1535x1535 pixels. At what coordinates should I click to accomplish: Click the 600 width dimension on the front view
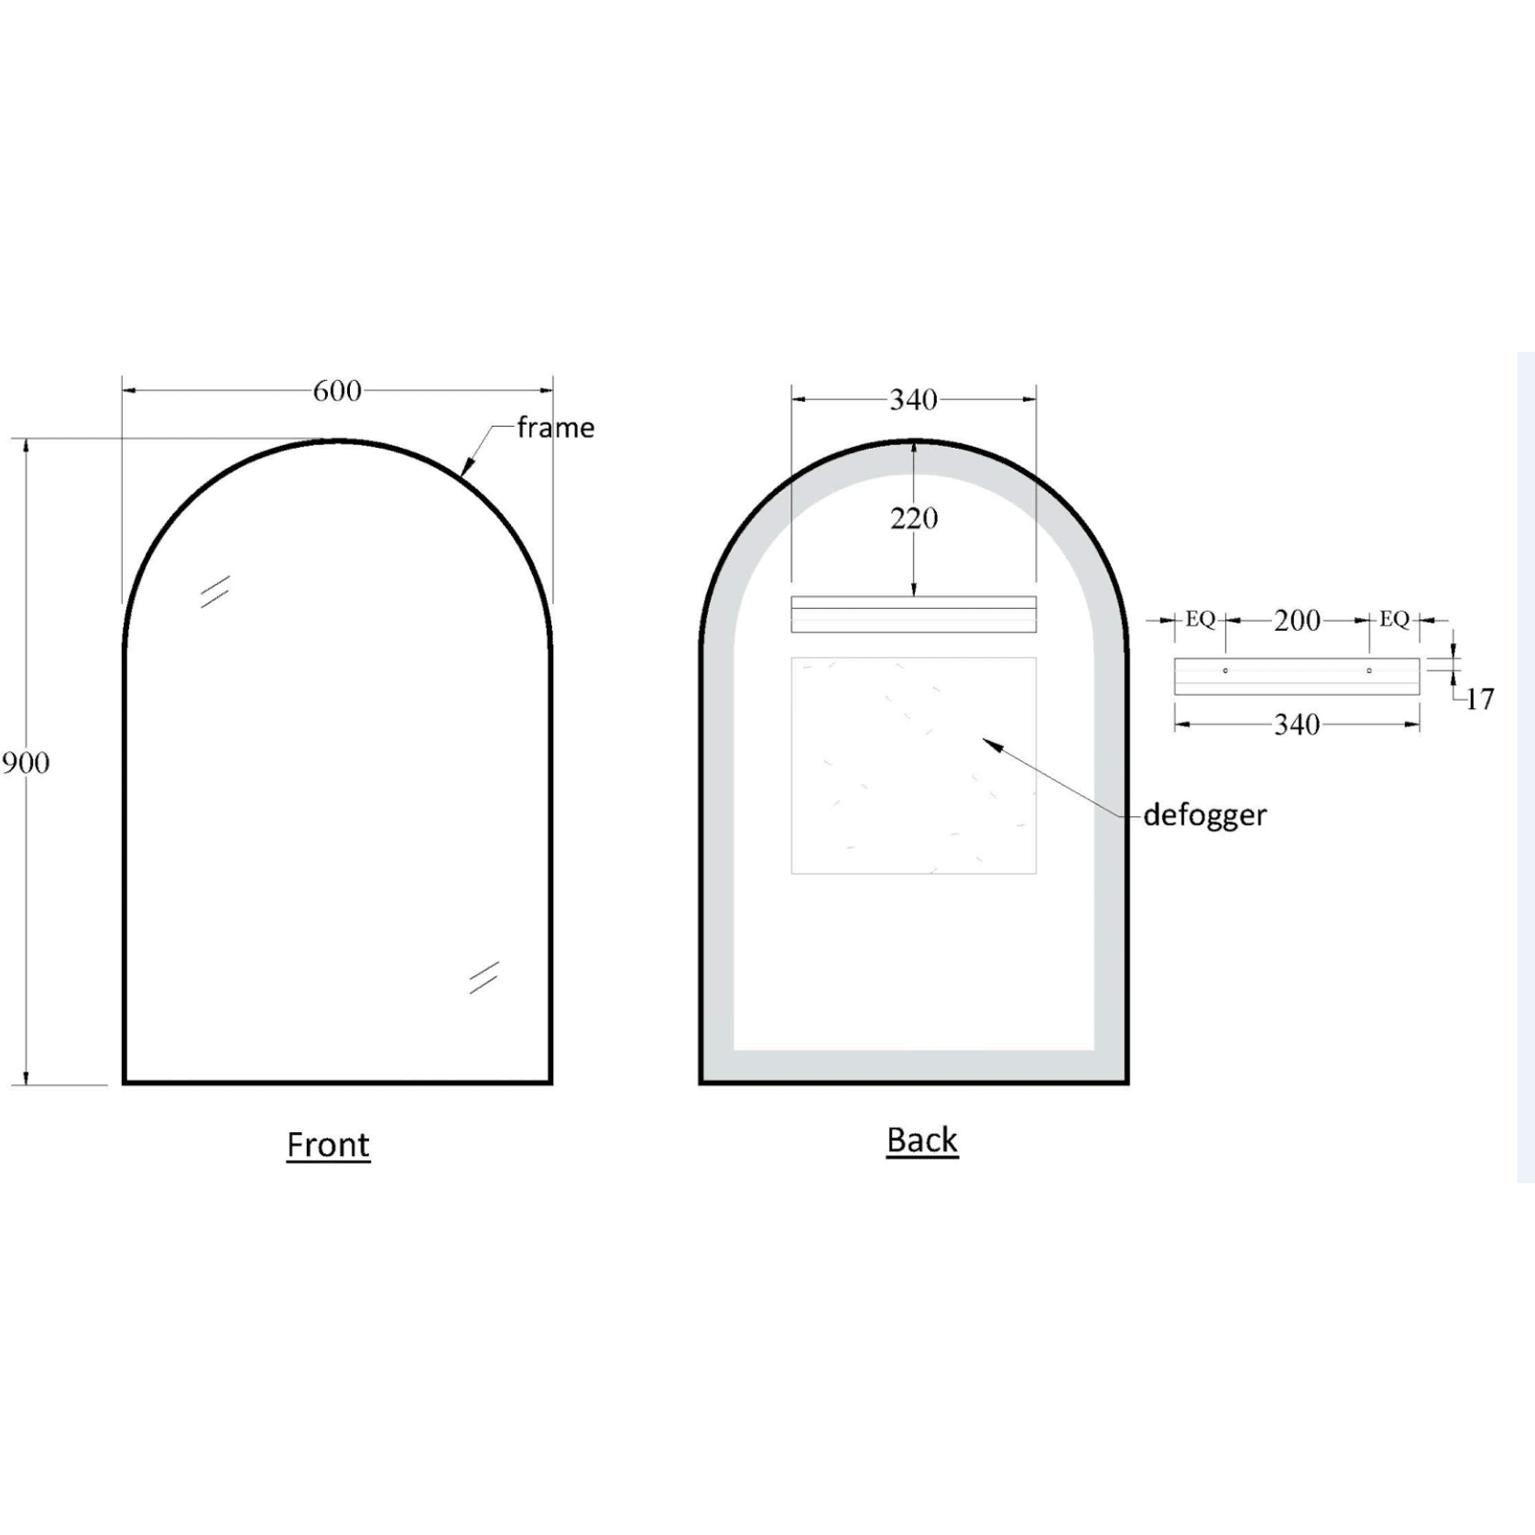coord(337,391)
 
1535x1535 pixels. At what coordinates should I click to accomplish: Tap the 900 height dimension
coord(25,762)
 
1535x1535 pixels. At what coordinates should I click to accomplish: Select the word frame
coord(555,428)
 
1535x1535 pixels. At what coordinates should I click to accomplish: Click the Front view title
coord(328,1145)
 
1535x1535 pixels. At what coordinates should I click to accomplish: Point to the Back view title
coord(921,1140)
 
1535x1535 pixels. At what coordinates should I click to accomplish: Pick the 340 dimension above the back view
coord(913,399)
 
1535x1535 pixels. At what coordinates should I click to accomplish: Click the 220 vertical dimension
coord(913,518)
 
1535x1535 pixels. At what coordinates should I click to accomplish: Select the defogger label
coord(1204,814)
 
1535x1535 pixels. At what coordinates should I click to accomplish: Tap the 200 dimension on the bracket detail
coord(1297,621)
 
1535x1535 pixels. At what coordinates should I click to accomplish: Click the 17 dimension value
coord(1479,700)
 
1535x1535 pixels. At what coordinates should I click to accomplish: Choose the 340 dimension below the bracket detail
coord(1297,725)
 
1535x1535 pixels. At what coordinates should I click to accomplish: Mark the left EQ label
coord(1200,620)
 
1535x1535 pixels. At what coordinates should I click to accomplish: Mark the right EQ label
coord(1394,620)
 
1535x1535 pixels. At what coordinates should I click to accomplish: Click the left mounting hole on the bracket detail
coord(1225,670)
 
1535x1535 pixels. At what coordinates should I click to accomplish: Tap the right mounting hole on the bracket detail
coord(1369,670)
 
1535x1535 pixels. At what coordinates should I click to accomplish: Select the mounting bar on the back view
coord(913,614)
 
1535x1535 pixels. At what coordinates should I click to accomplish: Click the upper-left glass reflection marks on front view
coord(215,592)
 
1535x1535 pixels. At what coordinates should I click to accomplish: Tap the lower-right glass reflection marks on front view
coord(484,977)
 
